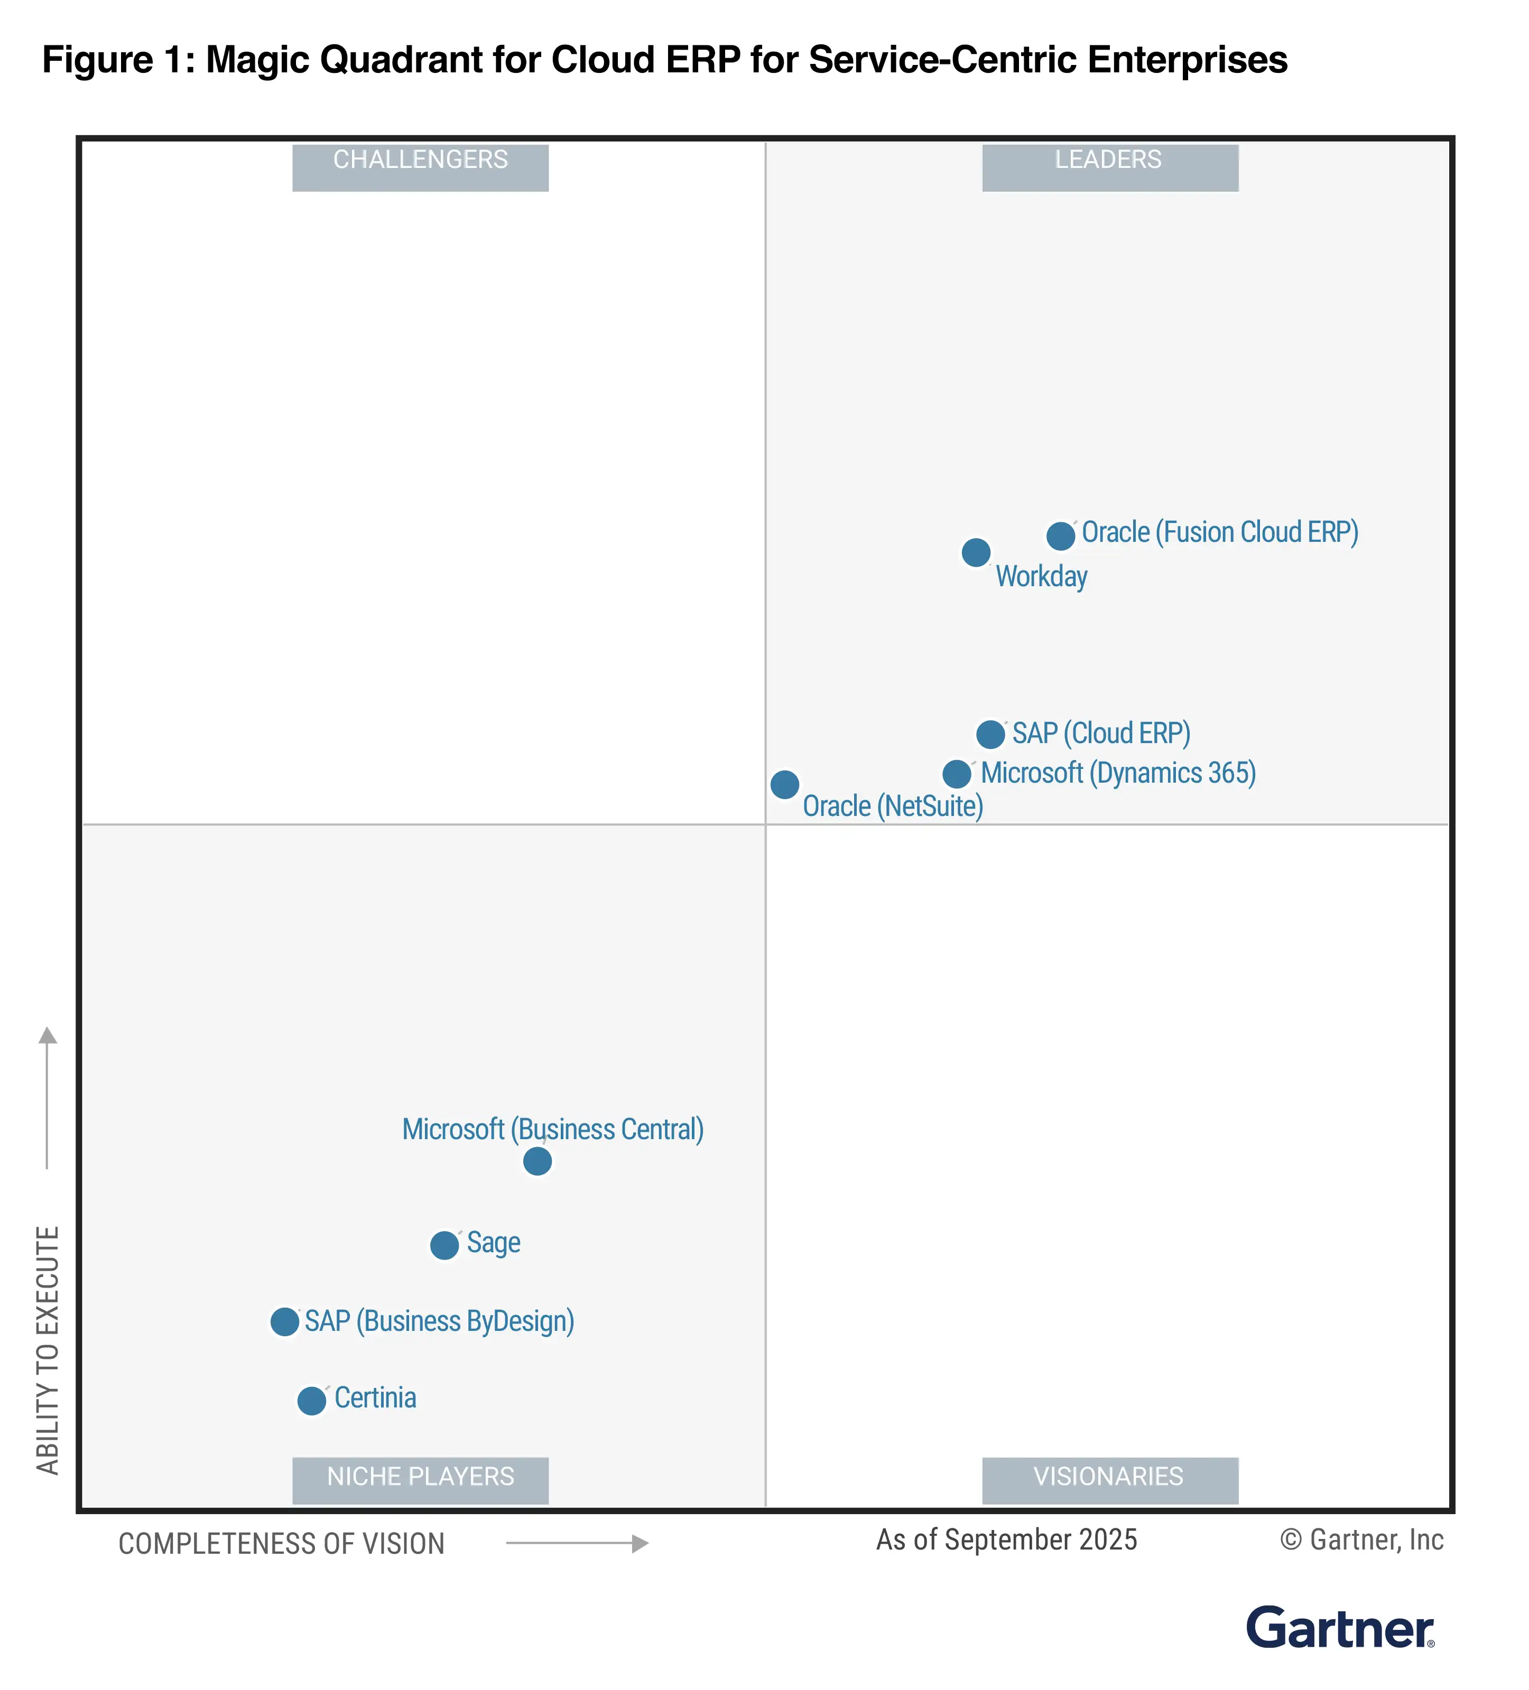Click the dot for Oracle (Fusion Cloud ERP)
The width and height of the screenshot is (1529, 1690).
(1060, 536)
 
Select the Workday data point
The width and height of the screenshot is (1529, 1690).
(976, 552)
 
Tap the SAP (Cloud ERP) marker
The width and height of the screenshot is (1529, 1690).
(990, 734)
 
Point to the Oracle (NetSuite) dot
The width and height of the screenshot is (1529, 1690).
(784, 785)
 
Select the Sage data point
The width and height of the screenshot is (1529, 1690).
(444, 1245)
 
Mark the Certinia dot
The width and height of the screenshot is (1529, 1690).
(311, 1400)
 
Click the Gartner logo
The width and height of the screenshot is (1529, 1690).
(1339, 1628)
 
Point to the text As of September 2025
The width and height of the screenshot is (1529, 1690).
(1006, 1540)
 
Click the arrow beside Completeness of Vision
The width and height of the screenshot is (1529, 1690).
(577, 1543)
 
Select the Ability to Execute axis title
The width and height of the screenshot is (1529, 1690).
(48, 1350)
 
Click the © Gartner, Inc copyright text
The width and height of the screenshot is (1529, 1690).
(1361, 1540)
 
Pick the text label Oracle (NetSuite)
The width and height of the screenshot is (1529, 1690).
(893, 806)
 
